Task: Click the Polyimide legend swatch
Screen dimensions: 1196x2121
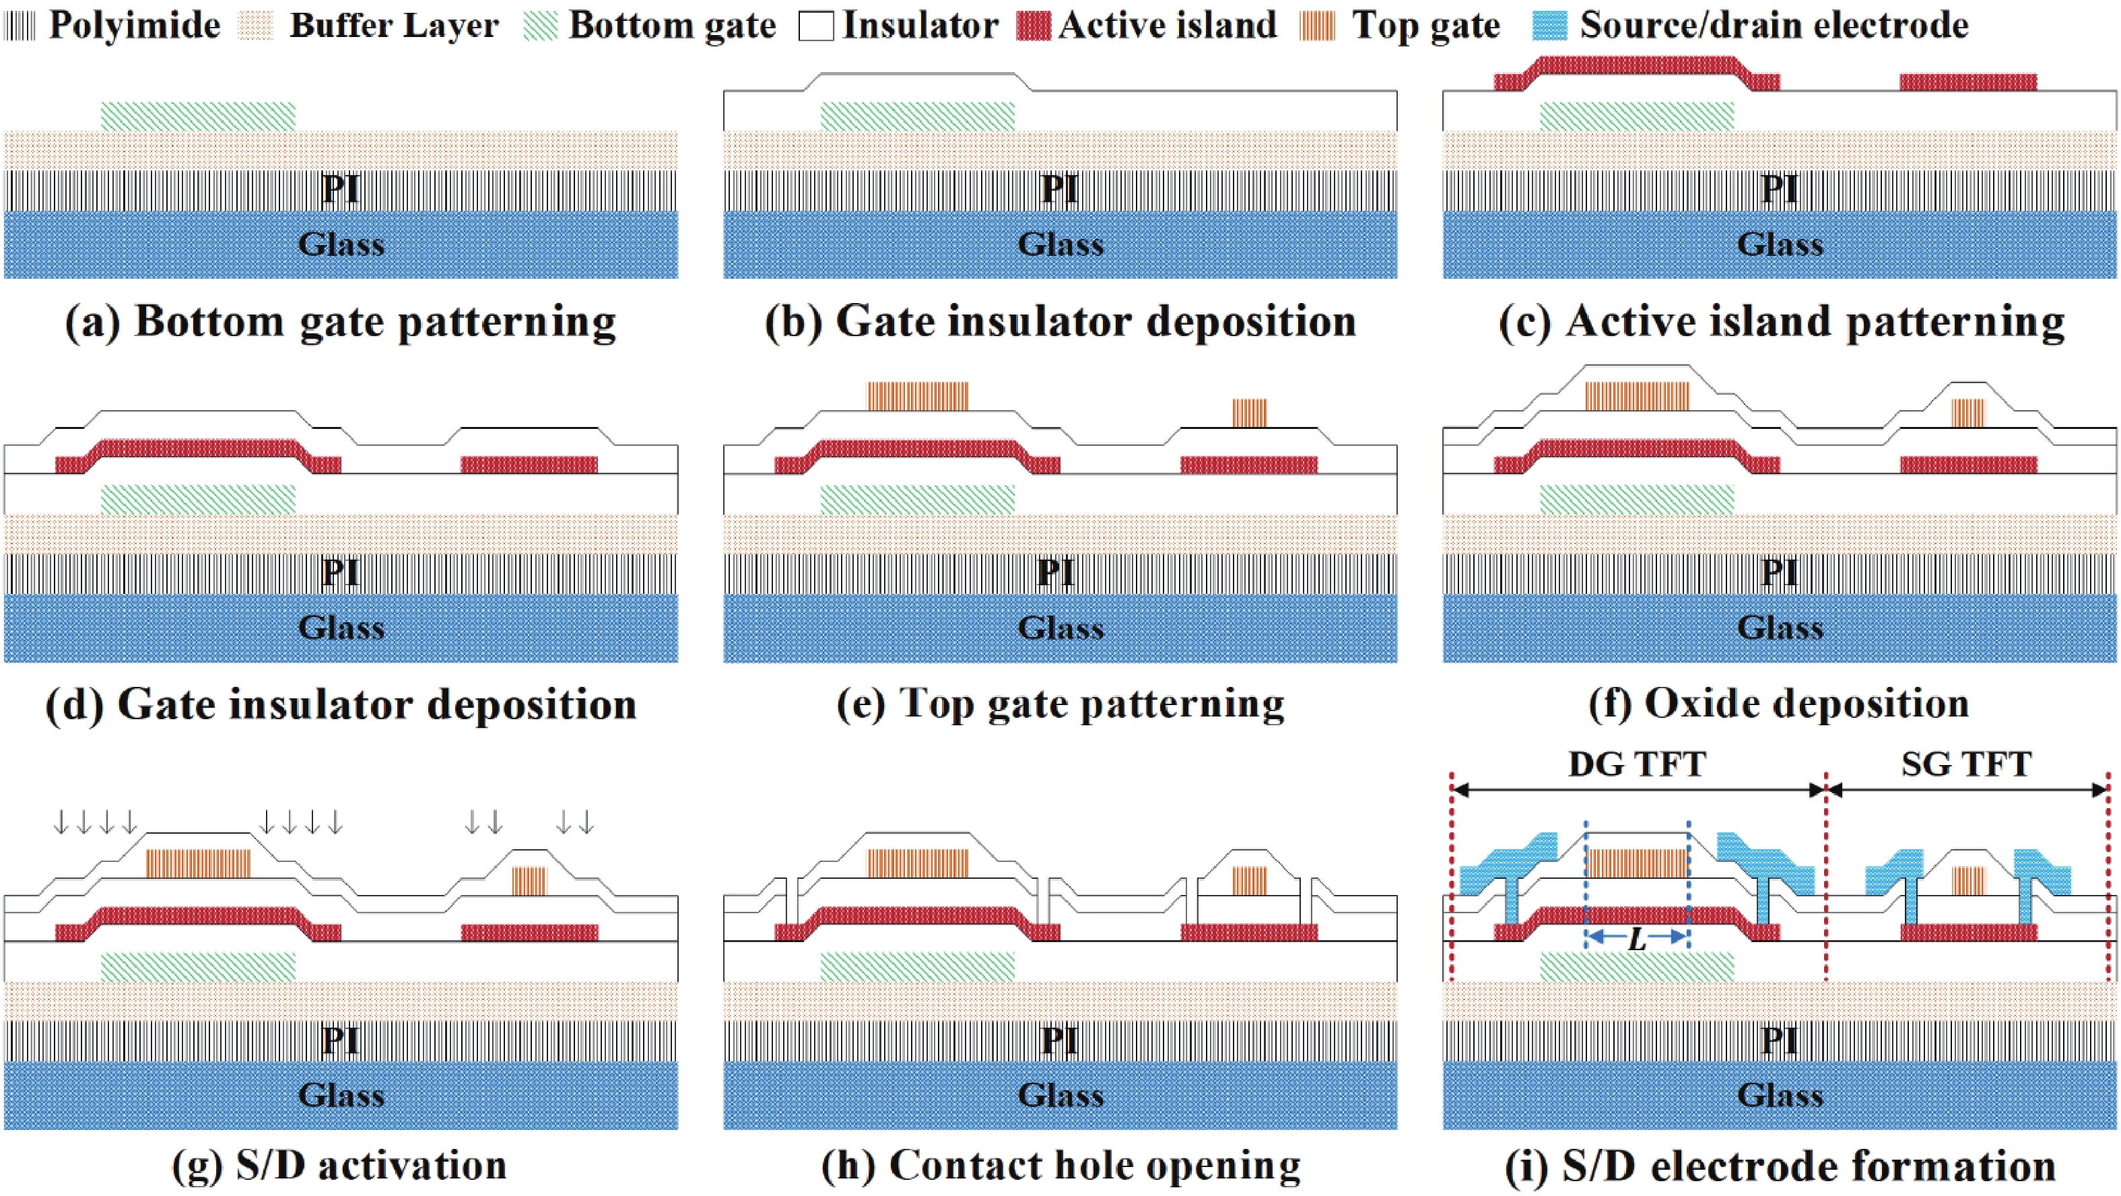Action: [21, 26]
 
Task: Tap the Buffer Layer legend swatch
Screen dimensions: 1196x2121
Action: [255, 26]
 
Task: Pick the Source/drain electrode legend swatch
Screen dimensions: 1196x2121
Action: [1549, 26]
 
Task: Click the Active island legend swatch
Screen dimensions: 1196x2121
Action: [1034, 26]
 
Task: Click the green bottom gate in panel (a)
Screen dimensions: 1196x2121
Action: [197, 116]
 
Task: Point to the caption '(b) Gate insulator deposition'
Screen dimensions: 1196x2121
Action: [1060, 321]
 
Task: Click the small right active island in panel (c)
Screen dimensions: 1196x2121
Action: [1968, 82]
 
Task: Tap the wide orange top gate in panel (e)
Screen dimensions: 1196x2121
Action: [918, 395]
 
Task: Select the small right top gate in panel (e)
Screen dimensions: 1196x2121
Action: [1249, 412]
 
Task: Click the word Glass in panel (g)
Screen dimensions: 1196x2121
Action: [341, 1096]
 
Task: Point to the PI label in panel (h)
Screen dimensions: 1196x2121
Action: [1059, 1040]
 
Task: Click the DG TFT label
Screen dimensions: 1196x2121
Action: [1637, 764]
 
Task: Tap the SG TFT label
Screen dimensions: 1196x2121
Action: [1966, 764]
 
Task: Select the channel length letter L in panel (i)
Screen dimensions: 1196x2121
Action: [1637, 939]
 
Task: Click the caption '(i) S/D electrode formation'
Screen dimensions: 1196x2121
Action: [1780, 1166]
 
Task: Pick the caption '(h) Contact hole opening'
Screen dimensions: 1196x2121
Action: [1060, 1166]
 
